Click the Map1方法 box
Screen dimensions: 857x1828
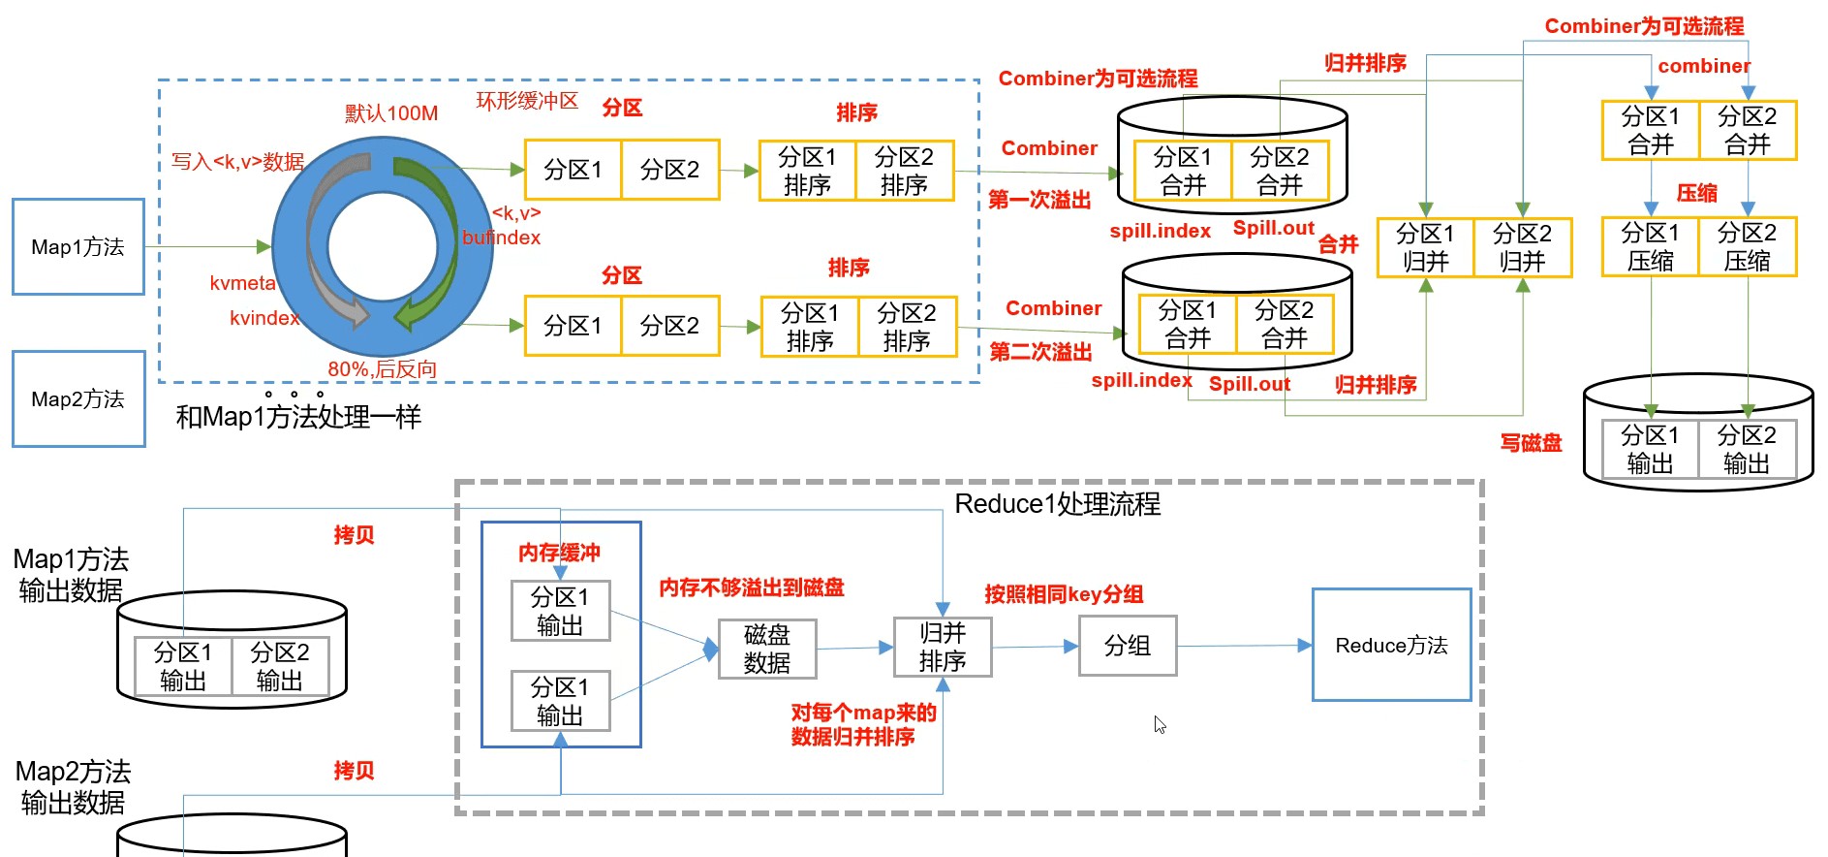[x=78, y=247]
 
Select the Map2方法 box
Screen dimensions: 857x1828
[x=78, y=399]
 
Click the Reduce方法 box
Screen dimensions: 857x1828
[x=1391, y=646]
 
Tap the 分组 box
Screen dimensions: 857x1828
[x=1128, y=646]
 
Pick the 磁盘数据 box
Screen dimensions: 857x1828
[x=766, y=650]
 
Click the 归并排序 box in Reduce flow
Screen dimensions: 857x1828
[x=942, y=648]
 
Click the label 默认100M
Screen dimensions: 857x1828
[x=391, y=113]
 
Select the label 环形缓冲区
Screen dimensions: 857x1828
[x=527, y=101]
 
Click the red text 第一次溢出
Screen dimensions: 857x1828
[x=1039, y=200]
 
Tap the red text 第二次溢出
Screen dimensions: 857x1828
[x=1040, y=352]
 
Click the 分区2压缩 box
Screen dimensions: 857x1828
[x=1747, y=247]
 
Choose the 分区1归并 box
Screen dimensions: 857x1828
[x=1425, y=248]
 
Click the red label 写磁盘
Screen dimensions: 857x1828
[x=1531, y=443]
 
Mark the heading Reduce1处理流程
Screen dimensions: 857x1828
[x=1057, y=504]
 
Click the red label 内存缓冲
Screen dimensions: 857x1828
[x=559, y=553]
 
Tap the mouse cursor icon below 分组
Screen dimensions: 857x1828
[x=1160, y=724]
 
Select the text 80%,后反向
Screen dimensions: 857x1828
[x=382, y=369]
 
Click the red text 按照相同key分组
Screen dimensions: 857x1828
[x=1064, y=594]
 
